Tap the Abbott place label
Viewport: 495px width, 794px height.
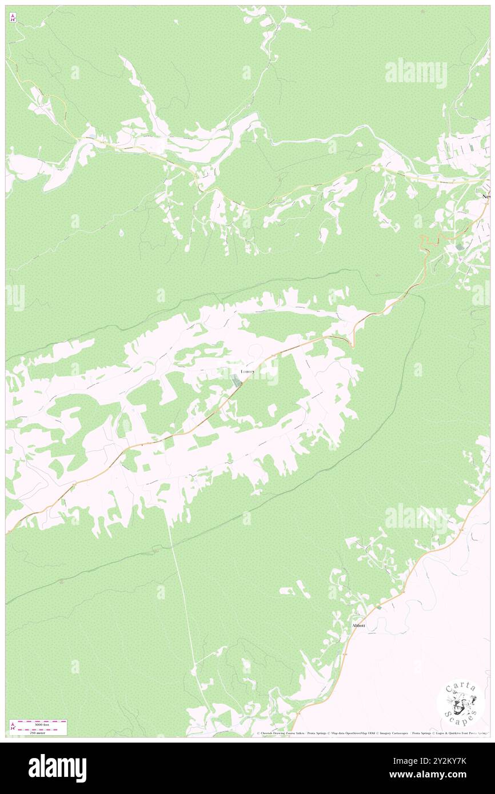(x=358, y=625)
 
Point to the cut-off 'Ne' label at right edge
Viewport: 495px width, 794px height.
(x=486, y=197)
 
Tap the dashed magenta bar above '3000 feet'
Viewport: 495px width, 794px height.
(x=42, y=721)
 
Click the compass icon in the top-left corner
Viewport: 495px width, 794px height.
(x=13, y=17)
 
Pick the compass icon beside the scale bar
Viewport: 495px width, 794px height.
(x=13, y=727)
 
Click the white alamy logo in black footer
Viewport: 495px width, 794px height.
(x=57, y=768)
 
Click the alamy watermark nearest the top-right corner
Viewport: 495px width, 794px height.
(x=416, y=73)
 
